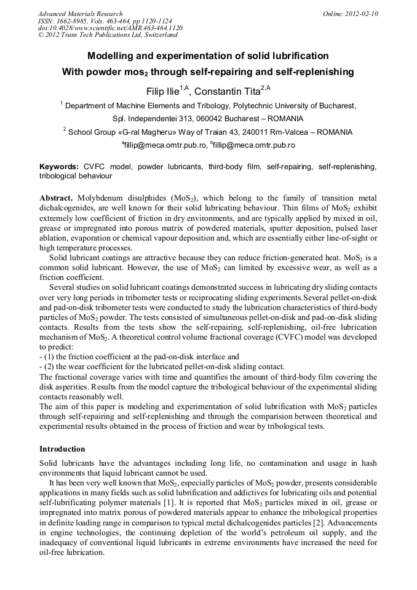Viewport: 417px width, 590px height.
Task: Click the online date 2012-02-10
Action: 362,14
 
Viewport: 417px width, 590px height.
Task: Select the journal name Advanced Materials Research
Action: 80,14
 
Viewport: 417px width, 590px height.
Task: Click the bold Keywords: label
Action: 58,167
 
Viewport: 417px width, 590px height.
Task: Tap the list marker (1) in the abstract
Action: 50,356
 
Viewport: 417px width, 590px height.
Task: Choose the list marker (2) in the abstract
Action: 50,365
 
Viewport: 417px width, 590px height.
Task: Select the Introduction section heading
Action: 62,449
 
